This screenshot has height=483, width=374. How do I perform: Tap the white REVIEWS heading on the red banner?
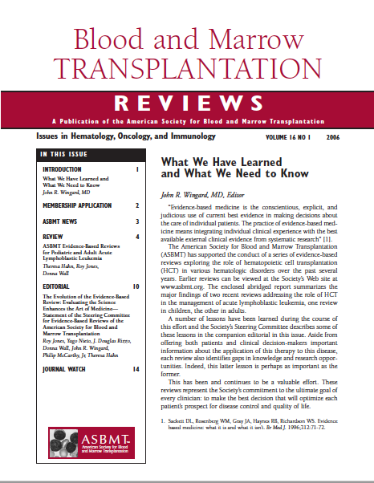point(187,103)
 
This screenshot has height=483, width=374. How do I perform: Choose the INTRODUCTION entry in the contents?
point(62,170)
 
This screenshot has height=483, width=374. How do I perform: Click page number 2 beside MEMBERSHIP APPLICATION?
point(136,205)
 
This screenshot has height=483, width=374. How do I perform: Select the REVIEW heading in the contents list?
point(52,237)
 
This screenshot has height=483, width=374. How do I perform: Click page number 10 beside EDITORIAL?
point(136,286)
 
